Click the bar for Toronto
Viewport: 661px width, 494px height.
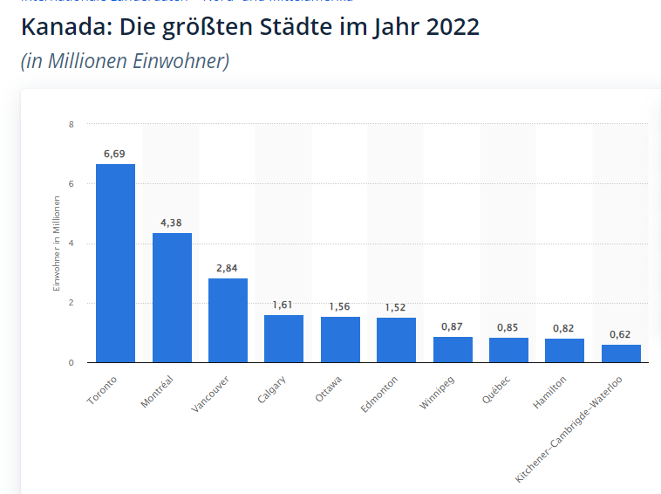tap(115, 263)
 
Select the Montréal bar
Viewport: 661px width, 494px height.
tap(172, 298)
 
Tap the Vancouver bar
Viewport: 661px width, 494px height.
tap(228, 320)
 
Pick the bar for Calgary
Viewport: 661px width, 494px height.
tap(283, 339)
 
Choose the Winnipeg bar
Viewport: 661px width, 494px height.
tap(453, 349)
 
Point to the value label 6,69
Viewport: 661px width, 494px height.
tap(115, 154)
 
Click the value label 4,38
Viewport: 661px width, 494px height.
tap(172, 223)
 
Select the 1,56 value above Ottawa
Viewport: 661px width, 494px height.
tap(340, 306)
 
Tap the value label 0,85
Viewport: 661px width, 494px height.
tap(508, 327)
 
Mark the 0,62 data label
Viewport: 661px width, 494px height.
tap(621, 334)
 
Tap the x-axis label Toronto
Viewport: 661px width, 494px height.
tap(102, 390)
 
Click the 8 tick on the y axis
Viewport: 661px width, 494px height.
tap(72, 124)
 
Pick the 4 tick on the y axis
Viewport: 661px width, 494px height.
tap(72, 244)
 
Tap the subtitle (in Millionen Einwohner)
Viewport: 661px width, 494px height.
tap(125, 61)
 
